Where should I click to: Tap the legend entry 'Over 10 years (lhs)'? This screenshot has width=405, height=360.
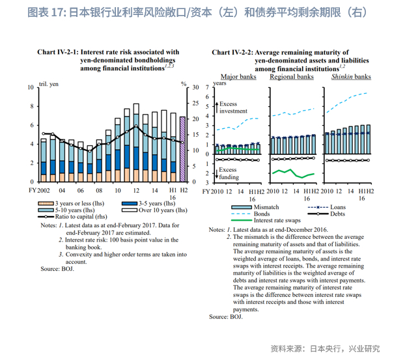point(155,210)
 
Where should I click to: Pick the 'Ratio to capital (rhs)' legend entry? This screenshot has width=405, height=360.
point(72,217)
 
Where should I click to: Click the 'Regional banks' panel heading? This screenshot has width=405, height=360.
point(292,77)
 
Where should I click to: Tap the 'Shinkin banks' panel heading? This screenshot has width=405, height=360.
point(351,77)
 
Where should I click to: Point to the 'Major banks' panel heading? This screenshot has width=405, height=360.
point(238,77)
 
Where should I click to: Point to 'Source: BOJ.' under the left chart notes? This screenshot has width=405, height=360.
point(57,268)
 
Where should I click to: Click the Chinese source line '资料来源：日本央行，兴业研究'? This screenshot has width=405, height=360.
point(324,348)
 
